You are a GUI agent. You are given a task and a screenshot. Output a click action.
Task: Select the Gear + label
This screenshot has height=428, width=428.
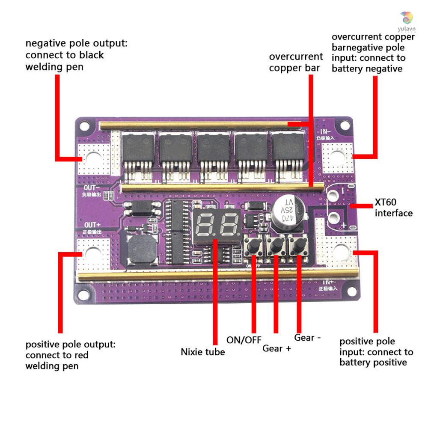[x=276, y=348]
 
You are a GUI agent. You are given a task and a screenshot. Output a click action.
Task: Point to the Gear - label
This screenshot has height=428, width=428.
[x=307, y=338]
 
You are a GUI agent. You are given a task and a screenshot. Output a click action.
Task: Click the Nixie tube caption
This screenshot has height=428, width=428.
[x=202, y=352]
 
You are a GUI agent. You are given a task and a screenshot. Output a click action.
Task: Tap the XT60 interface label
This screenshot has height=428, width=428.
[x=393, y=208]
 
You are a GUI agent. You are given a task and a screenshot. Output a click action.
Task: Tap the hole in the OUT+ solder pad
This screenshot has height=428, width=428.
[x=93, y=254]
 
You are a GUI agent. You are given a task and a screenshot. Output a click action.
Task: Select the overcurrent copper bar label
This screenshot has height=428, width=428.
[x=296, y=62]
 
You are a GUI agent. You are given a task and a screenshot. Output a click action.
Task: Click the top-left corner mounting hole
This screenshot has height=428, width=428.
[x=85, y=126]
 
